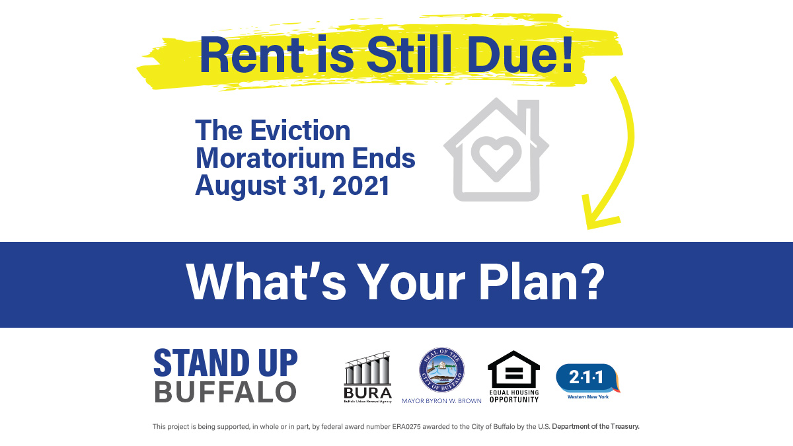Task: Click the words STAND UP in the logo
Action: tap(225, 363)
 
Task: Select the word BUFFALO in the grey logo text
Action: tap(225, 392)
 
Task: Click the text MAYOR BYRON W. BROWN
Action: tap(441, 400)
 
